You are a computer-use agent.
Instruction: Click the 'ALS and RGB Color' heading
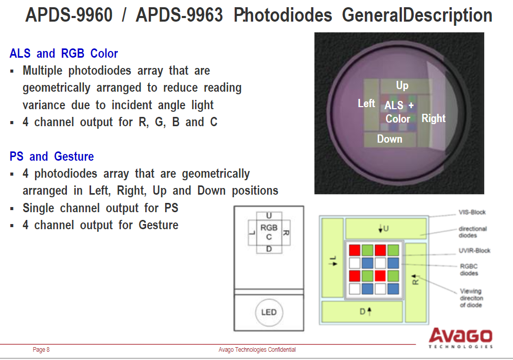[x=63, y=54]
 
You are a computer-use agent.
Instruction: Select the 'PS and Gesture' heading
[x=51, y=157]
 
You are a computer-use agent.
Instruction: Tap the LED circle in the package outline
[x=269, y=312]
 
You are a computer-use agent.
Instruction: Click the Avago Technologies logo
[x=461, y=338]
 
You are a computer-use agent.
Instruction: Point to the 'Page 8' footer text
[x=41, y=350]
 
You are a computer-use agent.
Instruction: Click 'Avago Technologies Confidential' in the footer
[x=257, y=350]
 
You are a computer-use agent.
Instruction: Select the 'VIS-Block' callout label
[x=472, y=212]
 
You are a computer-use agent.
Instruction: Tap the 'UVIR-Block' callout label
[x=474, y=251]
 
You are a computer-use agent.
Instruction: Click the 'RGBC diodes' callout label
[x=469, y=269]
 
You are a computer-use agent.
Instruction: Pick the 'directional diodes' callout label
[x=472, y=232]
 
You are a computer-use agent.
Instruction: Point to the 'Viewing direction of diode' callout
[x=471, y=298]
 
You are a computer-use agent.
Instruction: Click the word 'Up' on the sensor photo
[x=402, y=86]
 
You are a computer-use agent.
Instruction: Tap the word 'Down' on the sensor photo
[x=390, y=139]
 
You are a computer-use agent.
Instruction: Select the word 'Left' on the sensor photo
[x=366, y=104]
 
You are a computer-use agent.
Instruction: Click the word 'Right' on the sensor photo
[x=433, y=118]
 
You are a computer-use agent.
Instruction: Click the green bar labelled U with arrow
[x=386, y=228]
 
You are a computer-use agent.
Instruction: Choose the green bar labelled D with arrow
[x=362, y=312]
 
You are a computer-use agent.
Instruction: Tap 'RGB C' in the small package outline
[x=269, y=232]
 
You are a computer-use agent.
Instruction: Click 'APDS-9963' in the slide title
[x=179, y=15]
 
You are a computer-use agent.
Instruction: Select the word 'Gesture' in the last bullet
[x=158, y=225]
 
